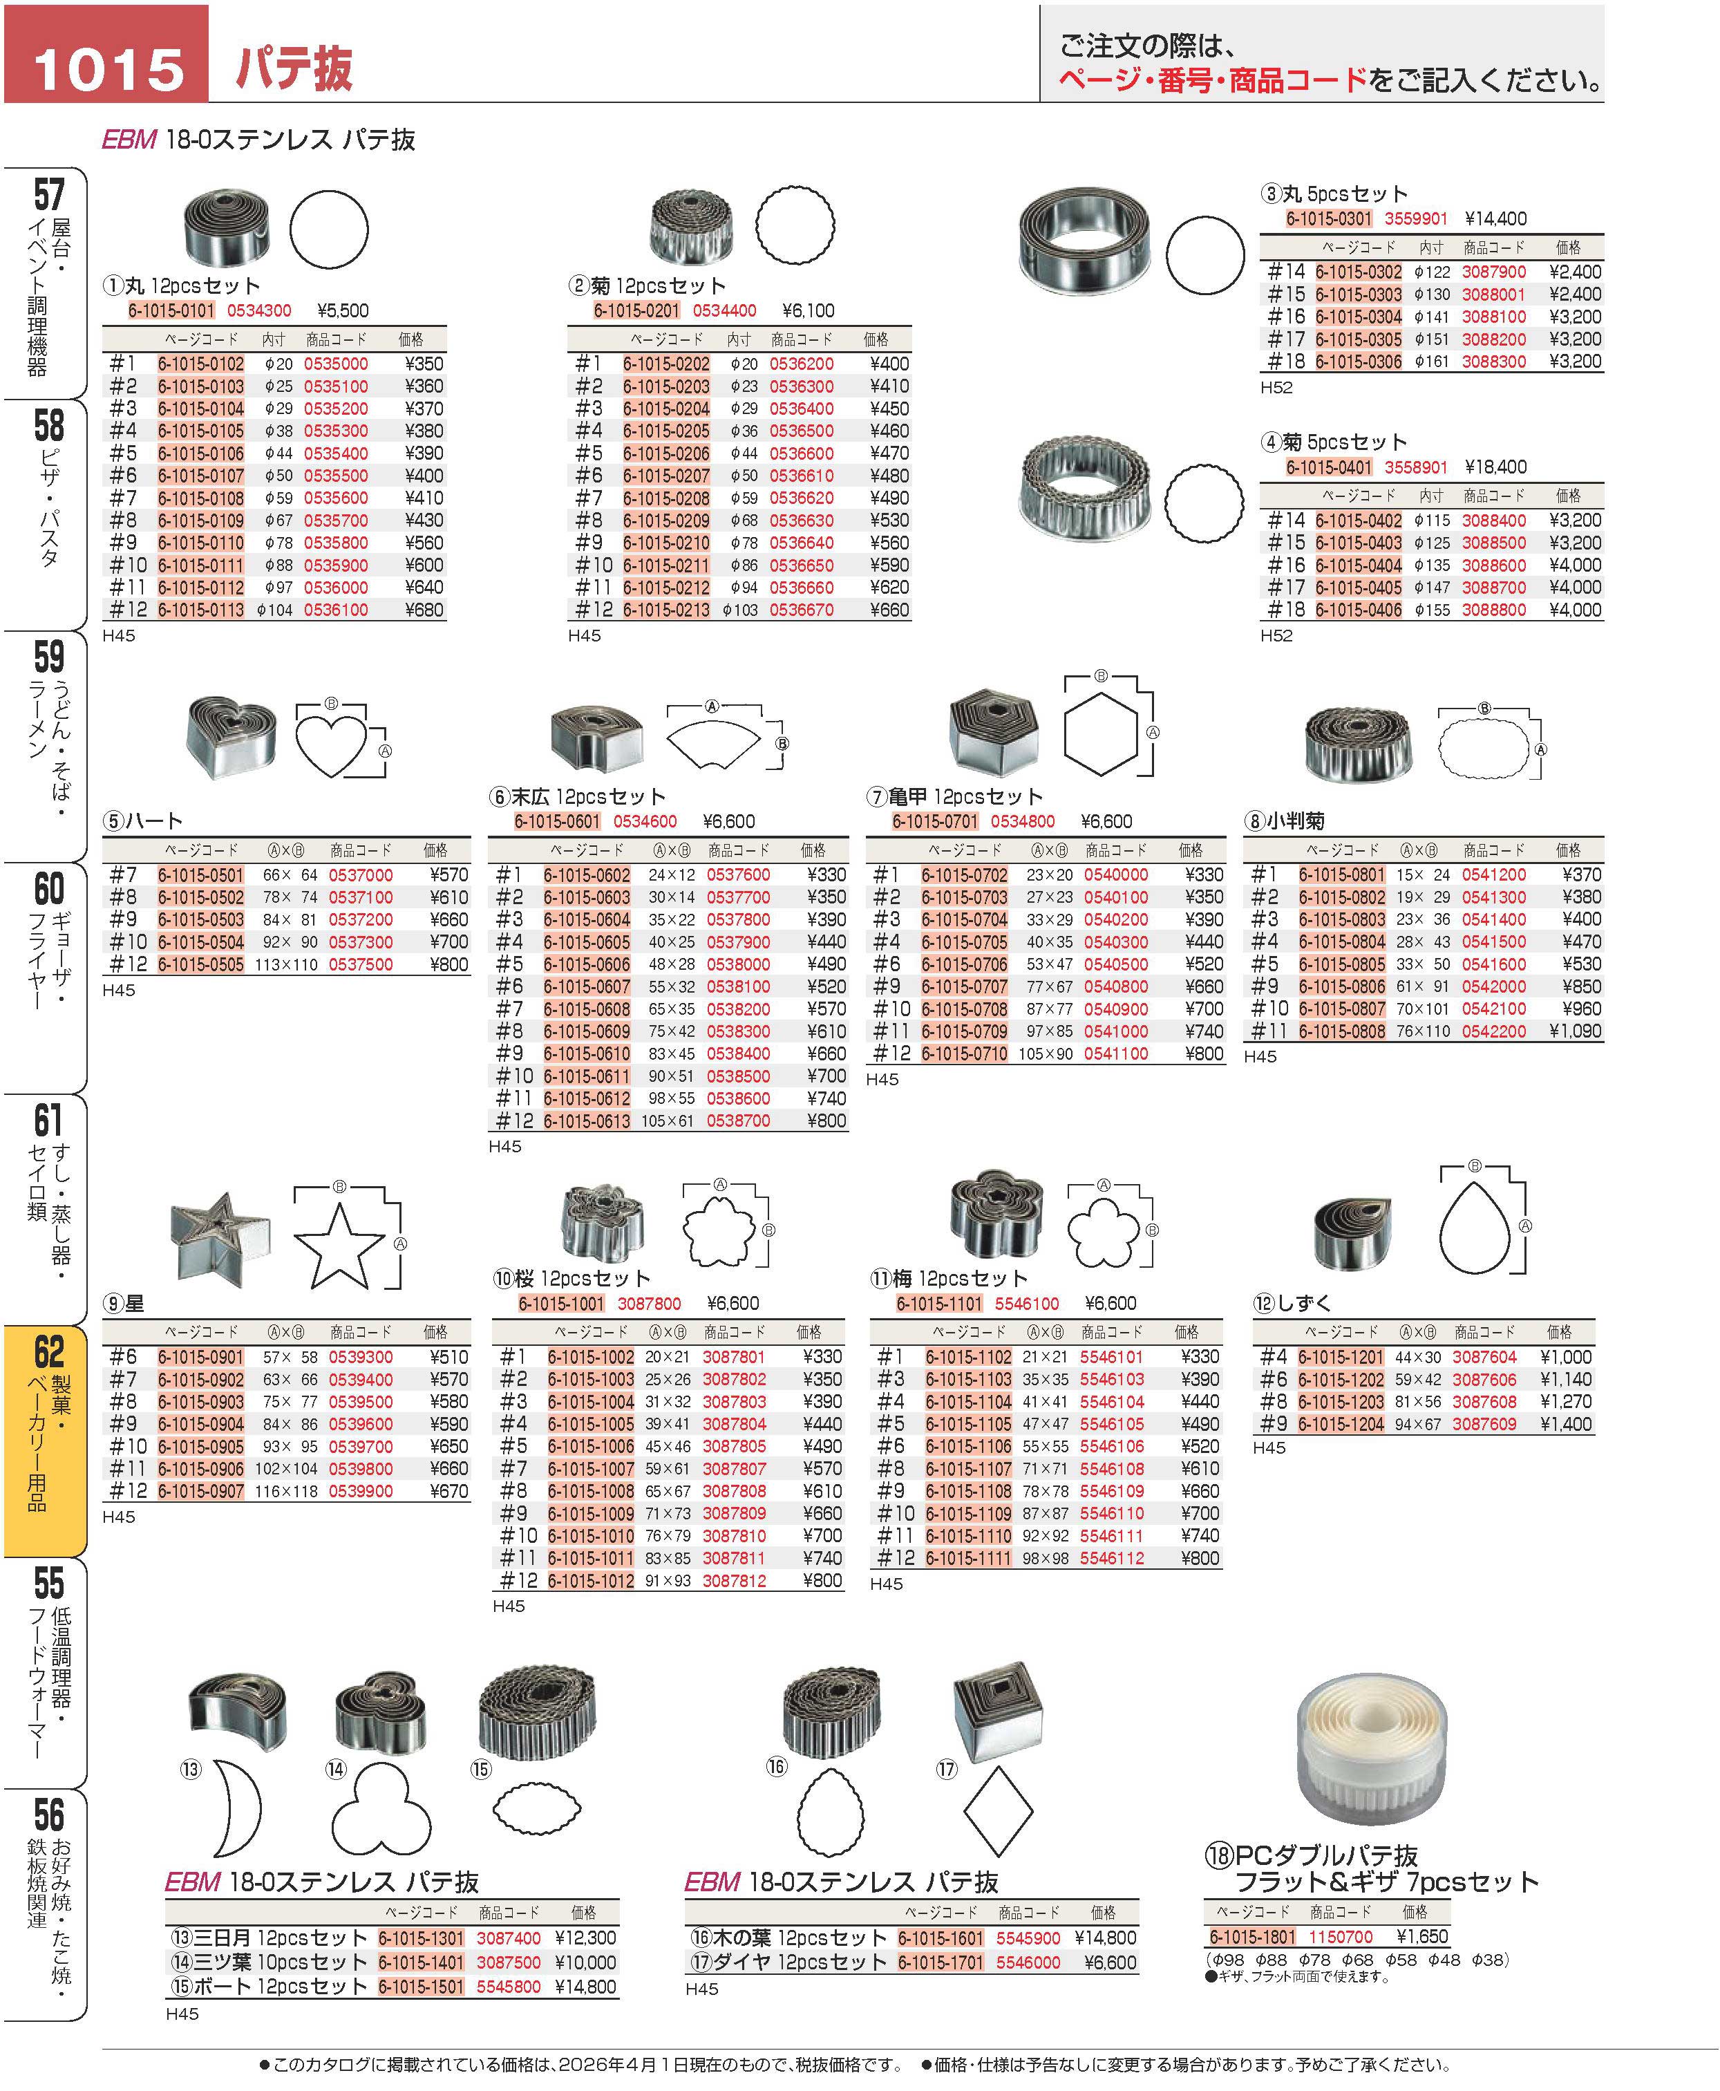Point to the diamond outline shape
click(998, 1812)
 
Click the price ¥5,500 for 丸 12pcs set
click(343, 310)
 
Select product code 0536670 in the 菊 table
click(802, 610)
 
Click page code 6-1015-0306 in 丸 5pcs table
click(1359, 362)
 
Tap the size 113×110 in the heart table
click(285, 964)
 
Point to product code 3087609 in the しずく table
click(1484, 1424)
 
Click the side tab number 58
click(48, 425)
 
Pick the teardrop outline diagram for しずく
click(1474, 1229)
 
